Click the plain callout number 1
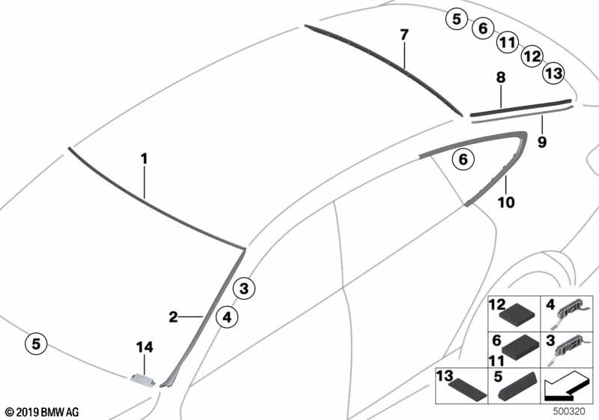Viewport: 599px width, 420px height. [x=144, y=159]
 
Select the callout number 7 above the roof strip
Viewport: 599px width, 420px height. [x=404, y=34]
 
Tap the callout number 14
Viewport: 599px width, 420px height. [x=145, y=347]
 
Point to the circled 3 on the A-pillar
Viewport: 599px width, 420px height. [x=244, y=288]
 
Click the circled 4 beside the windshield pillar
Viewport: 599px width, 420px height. [x=227, y=317]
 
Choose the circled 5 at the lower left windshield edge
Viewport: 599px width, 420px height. [x=36, y=343]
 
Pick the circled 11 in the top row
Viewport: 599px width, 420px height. [x=508, y=42]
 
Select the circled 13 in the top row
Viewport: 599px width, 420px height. [x=554, y=73]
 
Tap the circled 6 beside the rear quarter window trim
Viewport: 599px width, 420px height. [x=463, y=159]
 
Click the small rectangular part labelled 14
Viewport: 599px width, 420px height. [x=143, y=379]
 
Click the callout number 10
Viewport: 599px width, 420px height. [x=506, y=202]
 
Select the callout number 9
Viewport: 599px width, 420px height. [x=541, y=142]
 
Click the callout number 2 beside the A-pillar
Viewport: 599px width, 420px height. [x=173, y=316]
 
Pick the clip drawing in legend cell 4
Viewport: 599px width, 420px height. [x=568, y=313]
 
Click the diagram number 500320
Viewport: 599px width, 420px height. [x=569, y=412]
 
